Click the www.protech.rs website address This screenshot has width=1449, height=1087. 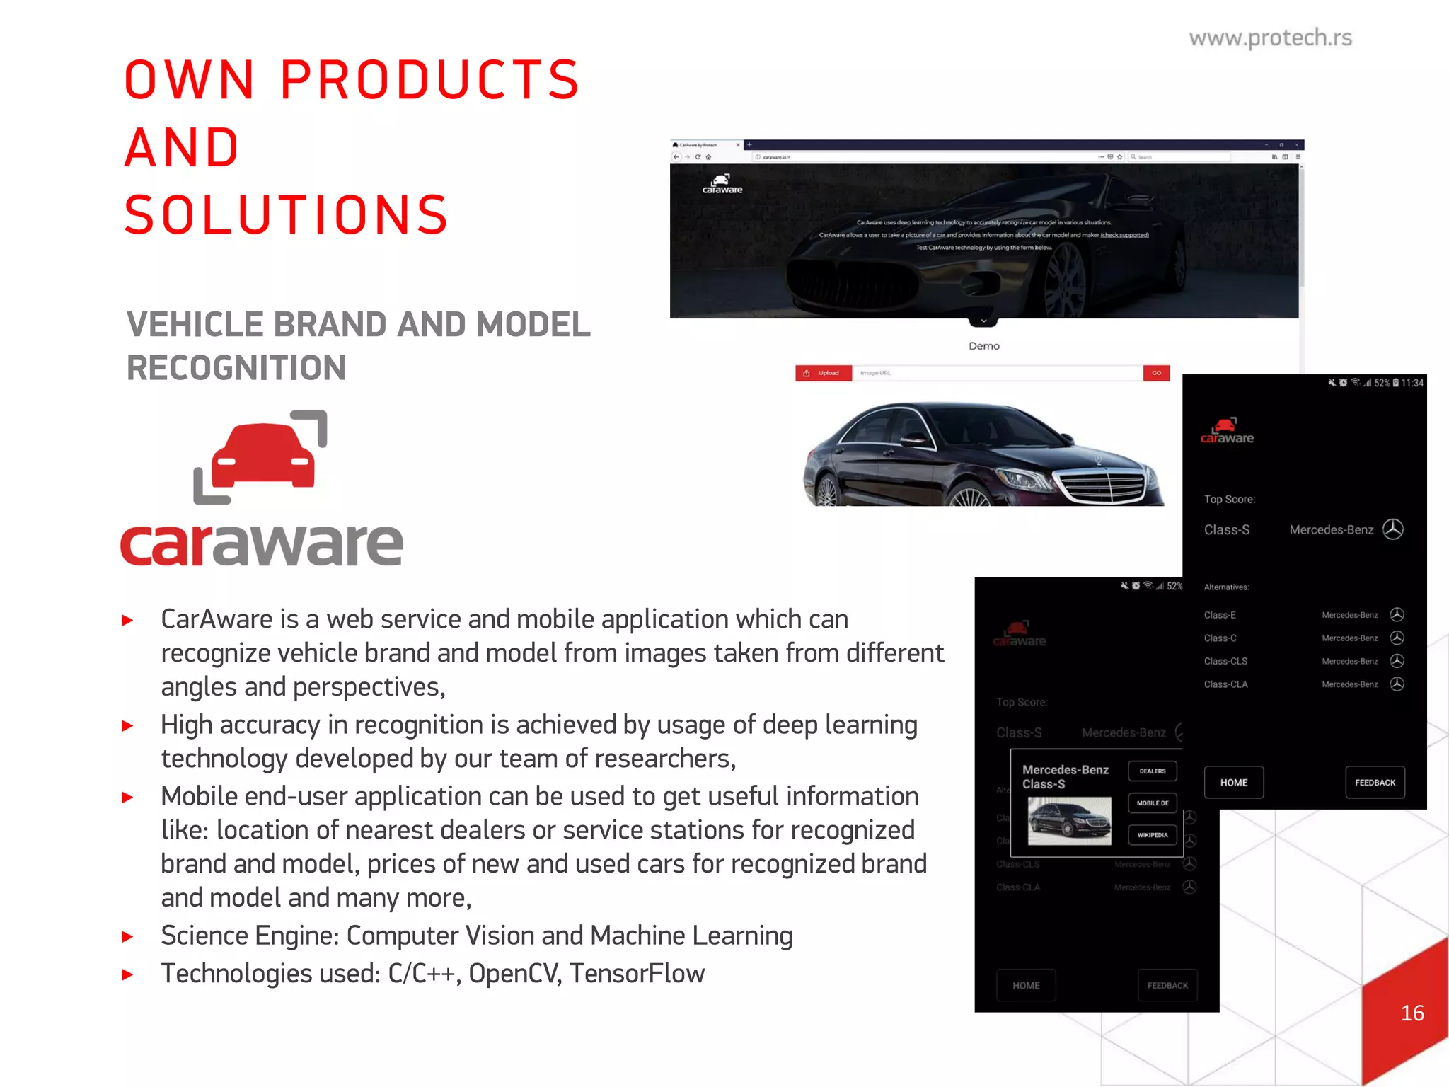click(x=1270, y=38)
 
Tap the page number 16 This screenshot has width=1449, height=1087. click(x=1412, y=1013)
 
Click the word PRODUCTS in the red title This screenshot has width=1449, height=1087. click(x=430, y=79)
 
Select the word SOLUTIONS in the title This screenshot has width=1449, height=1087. click(x=287, y=215)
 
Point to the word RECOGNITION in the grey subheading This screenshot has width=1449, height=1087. click(x=236, y=368)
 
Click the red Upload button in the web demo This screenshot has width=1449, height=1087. click(x=823, y=373)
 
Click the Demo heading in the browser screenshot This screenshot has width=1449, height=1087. click(x=983, y=346)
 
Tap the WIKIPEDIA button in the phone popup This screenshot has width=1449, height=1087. click(x=1152, y=835)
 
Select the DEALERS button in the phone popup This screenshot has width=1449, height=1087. click(x=1152, y=771)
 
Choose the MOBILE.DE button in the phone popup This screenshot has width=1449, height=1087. click(x=1152, y=803)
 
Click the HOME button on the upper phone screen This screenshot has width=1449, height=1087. click(x=1233, y=783)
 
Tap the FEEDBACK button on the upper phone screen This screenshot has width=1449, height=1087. click(x=1375, y=783)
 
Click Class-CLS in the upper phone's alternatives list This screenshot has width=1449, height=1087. click(x=1225, y=661)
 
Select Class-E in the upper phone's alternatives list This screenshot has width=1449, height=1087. click(x=1220, y=615)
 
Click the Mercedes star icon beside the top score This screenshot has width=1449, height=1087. click(x=1393, y=529)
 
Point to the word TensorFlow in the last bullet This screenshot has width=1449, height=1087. click(x=637, y=974)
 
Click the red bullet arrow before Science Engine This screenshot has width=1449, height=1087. click(x=128, y=937)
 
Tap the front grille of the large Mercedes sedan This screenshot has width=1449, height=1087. click(x=1102, y=486)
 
